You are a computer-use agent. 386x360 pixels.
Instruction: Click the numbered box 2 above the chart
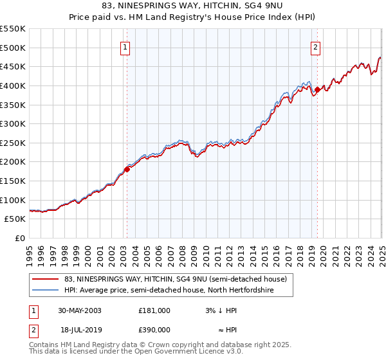(x=316, y=46)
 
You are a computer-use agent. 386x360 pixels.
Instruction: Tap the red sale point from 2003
(x=127, y=169)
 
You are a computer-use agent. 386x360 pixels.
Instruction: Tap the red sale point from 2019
(x=317, y=89)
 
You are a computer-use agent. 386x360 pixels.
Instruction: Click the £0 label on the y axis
(x=19, y=238)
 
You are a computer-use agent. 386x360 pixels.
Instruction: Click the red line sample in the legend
(x=45, y=279)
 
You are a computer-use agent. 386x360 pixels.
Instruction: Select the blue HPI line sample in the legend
(x=45, y=291)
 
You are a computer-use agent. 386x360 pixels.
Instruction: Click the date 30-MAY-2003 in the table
(x=79, y=310)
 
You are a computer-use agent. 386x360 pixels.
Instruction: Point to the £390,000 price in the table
(x=154, y=329)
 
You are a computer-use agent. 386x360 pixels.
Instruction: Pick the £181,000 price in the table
(x=154, y=310)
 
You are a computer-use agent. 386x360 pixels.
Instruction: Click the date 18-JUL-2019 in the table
(x=79, y=329)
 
